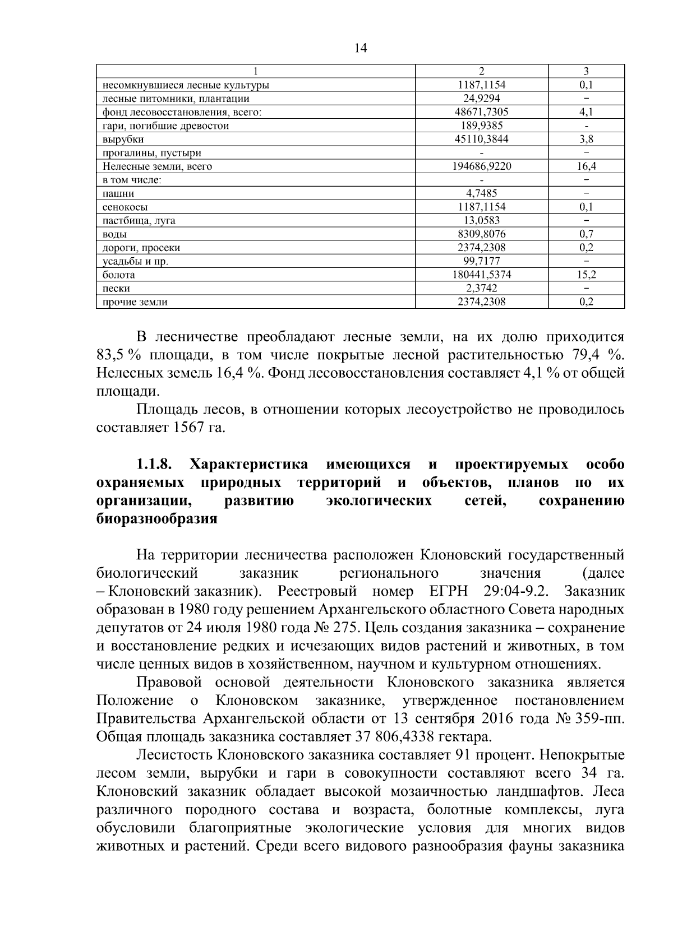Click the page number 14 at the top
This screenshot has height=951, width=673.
pos(360,48)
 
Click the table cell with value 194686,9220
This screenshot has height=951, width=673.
pos(481,166)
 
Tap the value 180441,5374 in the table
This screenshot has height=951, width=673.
pos(481,275)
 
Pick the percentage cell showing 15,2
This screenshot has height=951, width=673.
pos(586,275)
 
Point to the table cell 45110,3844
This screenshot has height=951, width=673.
pos(481,139)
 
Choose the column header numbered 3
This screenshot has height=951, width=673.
pos(586,71)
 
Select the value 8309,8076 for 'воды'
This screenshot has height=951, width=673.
pos(481,234)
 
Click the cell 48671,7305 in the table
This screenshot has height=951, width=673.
pos(481,112)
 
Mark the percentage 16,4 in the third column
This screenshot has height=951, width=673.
pos(586,166)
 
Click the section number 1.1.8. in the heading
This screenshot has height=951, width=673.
pos(154,465)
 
